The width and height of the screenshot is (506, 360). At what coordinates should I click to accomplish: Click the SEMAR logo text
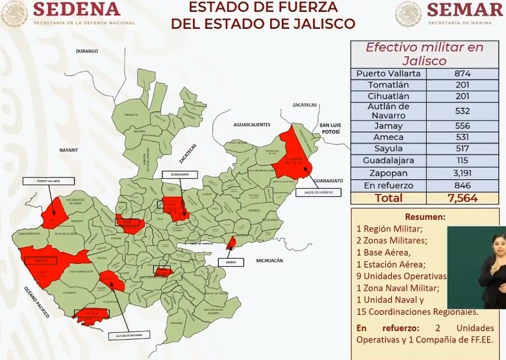(x=464, y=9)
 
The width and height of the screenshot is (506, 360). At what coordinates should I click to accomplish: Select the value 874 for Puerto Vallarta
(x=462, y=73)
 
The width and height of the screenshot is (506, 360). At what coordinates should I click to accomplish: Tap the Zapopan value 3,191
(x=462, y=173)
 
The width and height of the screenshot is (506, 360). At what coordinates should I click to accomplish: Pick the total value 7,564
(x=462, y=198)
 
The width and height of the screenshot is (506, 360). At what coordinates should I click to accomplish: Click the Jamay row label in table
(x=388, y=126)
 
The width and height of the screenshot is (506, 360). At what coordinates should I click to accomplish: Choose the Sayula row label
(x=388, y=148)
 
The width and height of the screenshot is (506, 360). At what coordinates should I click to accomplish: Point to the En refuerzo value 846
(x=462, y=186)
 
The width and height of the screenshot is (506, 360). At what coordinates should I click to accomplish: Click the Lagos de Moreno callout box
(x=318, y=192)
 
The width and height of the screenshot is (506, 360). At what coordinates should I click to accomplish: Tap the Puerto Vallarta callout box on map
(x=49, y=181)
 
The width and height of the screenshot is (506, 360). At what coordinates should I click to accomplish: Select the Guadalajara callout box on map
(x=180, y=175)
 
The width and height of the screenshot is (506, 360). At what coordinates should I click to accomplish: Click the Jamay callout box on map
(x=231, y=262)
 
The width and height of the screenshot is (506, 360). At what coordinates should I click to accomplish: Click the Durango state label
(x=87, y=51)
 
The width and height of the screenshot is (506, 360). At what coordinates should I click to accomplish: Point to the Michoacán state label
(x=269, y=260)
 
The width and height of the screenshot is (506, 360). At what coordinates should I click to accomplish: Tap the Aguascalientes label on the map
(x=253, y=125)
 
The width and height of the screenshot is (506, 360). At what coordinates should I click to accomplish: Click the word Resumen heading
(x=425, y=217)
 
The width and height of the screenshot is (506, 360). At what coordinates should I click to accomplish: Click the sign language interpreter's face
(x=496, y=242)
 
